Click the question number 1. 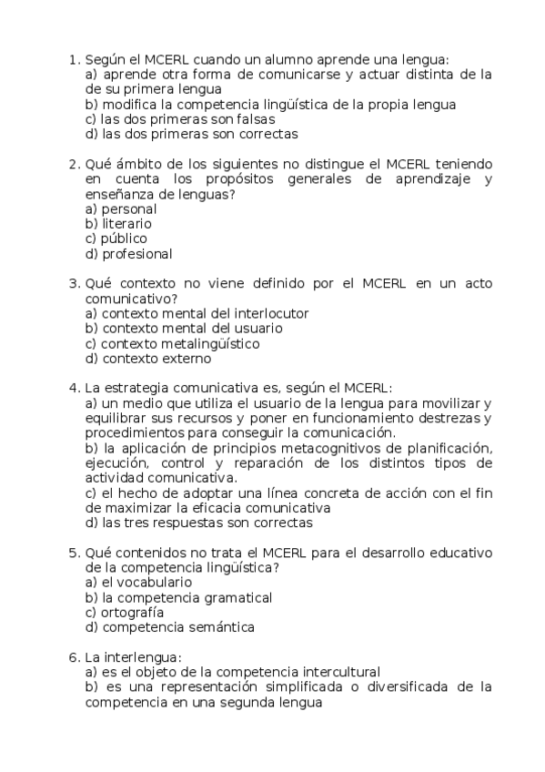click(x=73, y=59)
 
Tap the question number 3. click(x=73, y=283)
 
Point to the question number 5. click(x=73, y=553)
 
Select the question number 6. click(x=73, y=656)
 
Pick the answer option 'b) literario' click(x=118, y=223)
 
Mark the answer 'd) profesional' click(x=128, y=254)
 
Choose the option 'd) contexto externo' click(x=148, y=359)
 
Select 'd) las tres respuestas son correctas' click(x=197, y=523)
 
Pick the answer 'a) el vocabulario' click(x=137, y=582)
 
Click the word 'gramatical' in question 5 click(x=237, y=597)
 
